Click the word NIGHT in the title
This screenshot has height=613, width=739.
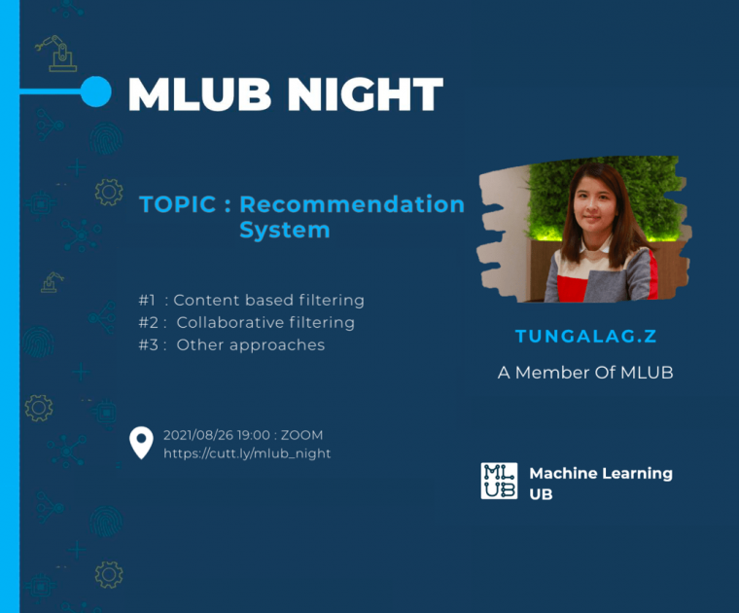[x=366, y=93]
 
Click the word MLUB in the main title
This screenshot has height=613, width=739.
[x=199, y=93]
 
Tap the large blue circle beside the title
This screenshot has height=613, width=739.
[x=95, y=91]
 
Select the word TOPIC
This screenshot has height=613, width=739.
[x=178, y=204]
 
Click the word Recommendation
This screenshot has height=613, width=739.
[x=352, y=204]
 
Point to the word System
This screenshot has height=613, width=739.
[x=285, y=230]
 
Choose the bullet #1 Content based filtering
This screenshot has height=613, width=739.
[x=251, y=301]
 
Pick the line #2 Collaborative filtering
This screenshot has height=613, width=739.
[x=246, y=322]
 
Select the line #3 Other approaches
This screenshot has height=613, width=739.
[x=231, y=345]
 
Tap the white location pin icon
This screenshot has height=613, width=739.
[x=141, y=443]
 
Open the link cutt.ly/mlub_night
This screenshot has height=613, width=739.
[x=247, y=453]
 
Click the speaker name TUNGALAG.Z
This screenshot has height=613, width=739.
[x=585, y=337]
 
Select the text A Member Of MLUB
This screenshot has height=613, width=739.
[x=585, y=373]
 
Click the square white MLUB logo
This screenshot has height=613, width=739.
[x=499, y=481]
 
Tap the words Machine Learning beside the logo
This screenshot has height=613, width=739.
[x=601, y=473]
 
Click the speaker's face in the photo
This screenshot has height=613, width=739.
[x=595, y=206]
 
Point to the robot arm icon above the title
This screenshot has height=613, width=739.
[x=56, y=54]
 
